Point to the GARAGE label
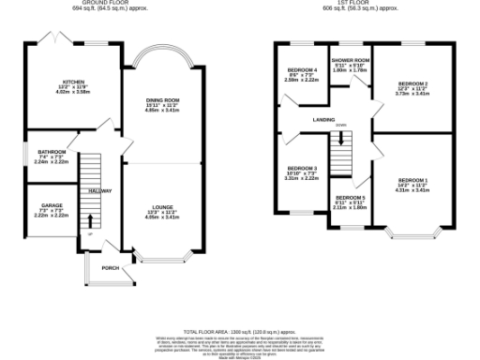click(x=51, y=203)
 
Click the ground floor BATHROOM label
click(x=52, y=152)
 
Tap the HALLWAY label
click(x=99, y=190)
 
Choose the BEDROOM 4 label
click(x=302, y=70)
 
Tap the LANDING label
click(x=325, y=119)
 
